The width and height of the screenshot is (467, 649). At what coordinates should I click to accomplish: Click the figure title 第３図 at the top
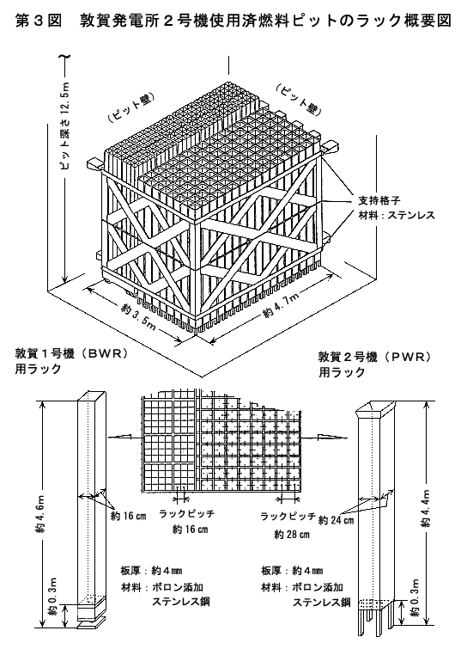pyautogui.click(x=39, y=21)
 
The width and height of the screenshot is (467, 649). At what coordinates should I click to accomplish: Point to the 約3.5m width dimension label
pyautogui.click(x=139, y=316)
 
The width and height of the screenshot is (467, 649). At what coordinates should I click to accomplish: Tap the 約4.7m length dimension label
pyautogui.click(x=280, y=305)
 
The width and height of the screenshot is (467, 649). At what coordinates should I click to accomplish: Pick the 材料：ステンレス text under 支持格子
pyautogui.click(x=397, y=215)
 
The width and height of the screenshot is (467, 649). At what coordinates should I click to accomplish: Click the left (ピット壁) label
pyautogui.click(x=131, y=107)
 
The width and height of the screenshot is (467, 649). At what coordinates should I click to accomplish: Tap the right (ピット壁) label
pyautogui.click(x=299, y=99)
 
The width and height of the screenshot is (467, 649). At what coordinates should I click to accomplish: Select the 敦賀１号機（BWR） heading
pyautogui.click(x=71, y=354)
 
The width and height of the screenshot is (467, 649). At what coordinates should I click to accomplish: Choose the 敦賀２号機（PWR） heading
pyautogui.click(x=374, y=357)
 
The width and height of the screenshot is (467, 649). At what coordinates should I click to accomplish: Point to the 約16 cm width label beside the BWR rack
pyautogui.click(x=129, y=516)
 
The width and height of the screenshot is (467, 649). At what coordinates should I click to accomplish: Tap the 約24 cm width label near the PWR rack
pyautogui.click(x=336, y=520)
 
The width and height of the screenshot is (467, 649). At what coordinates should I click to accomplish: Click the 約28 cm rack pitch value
pyautogui.click(x=292, y=535)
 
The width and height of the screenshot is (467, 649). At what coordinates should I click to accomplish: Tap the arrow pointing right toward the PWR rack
pyautogui.click(x=328, y=437)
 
